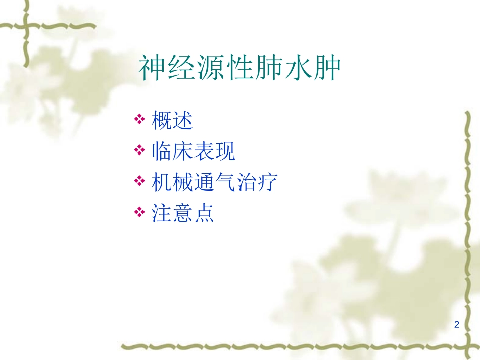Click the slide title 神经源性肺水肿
(x=239, y=69)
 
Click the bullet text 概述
(x=172, y=121)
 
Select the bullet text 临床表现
(x=194, y=151)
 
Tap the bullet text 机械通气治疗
(x=215, y=182)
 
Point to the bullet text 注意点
(x=182, y=213)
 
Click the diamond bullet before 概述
(x=139, y=121)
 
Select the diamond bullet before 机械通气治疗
(x=139, y=182)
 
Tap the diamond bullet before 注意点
(x=139, y=213)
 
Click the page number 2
(x=457, y=325)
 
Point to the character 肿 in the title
(x=326, y=69)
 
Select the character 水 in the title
(x=298, y=69)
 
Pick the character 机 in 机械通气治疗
(x=162, y=182)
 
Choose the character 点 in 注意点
(x=204, y=213)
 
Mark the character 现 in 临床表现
(x=225, y=151)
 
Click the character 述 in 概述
(x=183, y=121)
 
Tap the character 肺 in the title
(x=268, y=69)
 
